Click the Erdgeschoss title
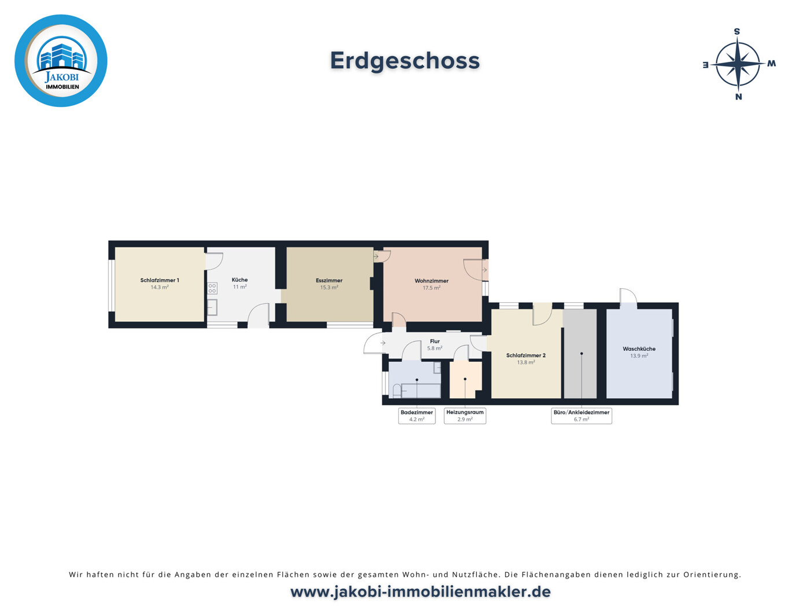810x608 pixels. tap(404, 61)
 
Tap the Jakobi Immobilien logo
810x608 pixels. tap(61, 61)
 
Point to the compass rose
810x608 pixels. tap(738, 64)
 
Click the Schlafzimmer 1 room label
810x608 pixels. tap(160, 280)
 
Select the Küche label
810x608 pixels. tap(240, 280)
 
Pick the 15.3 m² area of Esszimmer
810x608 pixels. tap(329, 287)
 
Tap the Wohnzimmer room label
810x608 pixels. tap(432, 281)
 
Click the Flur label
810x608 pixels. tap(435, 341)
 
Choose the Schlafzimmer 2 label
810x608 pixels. tap(526, 355)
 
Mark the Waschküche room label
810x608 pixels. tap(639, 349)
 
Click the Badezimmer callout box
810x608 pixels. tap(417, 416)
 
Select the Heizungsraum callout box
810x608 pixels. tap(465, 416)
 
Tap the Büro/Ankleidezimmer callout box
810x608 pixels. tap(581, 416)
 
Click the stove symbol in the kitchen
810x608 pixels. tap(212, 288)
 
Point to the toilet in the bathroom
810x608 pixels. tap(397, 391)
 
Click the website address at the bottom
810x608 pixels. tap(420, 592)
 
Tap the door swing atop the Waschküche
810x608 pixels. tap(628, 297)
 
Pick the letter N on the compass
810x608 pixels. tap(738, 97)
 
